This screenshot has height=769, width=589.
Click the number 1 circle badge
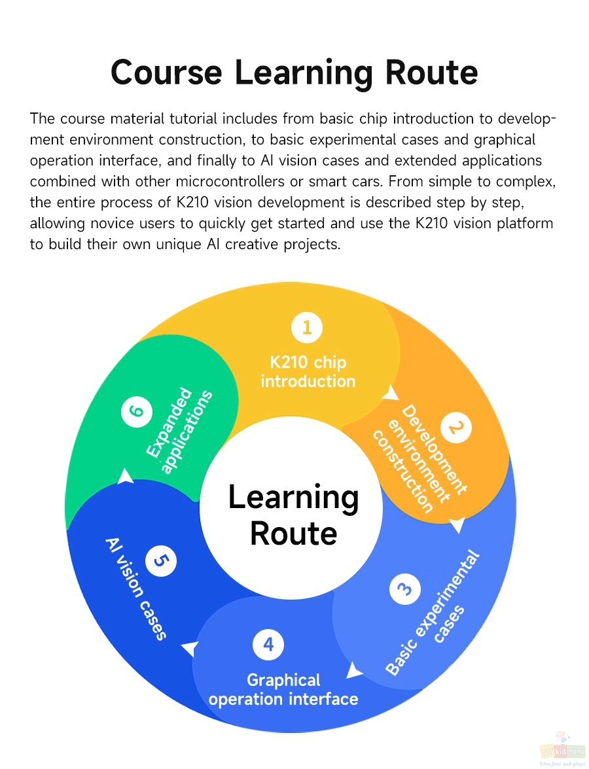(x=307, y=327)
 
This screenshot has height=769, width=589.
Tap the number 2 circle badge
(x=456, y=428)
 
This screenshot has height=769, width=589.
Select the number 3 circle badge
(x=405, y=589)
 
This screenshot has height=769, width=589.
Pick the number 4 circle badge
(x=268, y=645)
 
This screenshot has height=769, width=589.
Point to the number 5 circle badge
(x=161, y=560)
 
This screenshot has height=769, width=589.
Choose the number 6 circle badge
(x=136, y=410)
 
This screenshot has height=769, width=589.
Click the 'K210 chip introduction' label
(x=308, y=371)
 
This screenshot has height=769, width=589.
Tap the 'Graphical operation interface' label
(x=283, y=689)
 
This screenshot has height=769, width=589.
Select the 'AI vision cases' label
(x=136, y=589)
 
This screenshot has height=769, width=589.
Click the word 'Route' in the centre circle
(x=293, y=533)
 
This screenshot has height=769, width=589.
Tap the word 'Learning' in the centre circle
(x=293, y=498)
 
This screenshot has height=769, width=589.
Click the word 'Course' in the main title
(x=166, y=72)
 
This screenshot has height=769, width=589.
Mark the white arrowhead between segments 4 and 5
(x=190, y=649)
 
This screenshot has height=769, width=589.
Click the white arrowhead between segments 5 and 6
(x=126, y=476)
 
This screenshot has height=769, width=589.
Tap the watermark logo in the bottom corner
(x=563, y=751)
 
